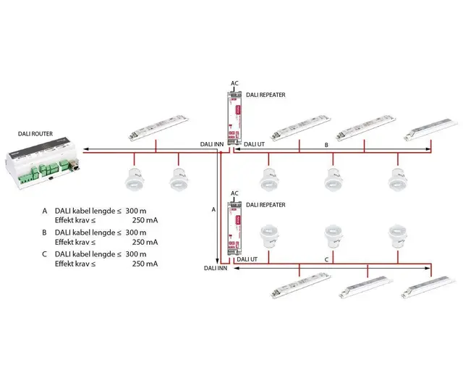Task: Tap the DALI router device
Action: [x=43, y=164]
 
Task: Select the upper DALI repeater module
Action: [x=234, y=120]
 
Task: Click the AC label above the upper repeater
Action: [x=234, y=84]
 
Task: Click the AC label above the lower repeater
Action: [x=234, y=193]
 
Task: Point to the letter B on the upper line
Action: [x=327, y=145]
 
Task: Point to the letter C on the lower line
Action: [x=326, y=259]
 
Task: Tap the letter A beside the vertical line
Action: [x=213, y=209]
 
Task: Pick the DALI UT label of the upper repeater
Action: [x=255, y=144]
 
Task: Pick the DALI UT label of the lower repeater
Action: [x=247, y=259]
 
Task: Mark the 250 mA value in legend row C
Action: [x=145, y=264]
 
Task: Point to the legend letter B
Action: [x=45, y=232]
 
